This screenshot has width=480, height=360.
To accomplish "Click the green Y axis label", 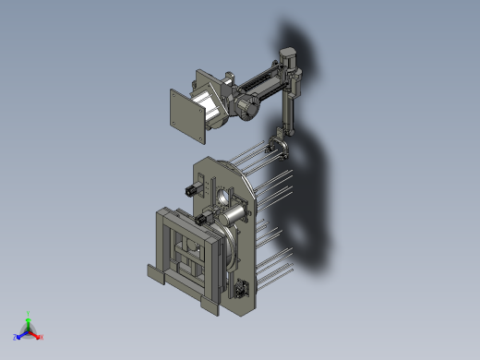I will point(30,313).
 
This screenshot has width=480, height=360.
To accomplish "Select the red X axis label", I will point(42,337).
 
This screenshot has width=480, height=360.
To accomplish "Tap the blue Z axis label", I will point(15,338).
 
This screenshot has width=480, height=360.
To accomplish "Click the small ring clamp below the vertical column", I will point(278,147).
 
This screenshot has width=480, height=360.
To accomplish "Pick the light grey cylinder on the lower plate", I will point(234,216).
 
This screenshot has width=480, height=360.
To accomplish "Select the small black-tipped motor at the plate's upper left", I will point(191,189).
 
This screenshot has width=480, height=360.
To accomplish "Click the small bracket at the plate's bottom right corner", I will point(245,288).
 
